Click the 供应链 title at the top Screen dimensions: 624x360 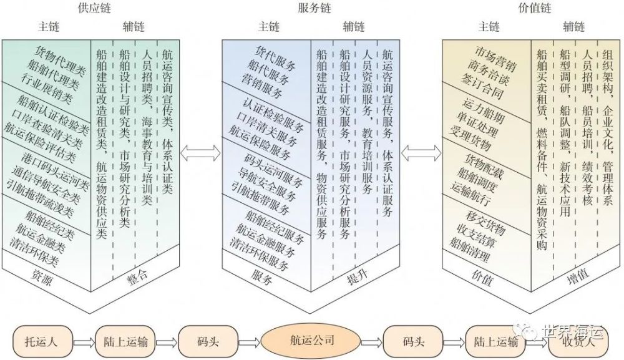point(94,8)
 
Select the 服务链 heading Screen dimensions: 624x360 point(314,8)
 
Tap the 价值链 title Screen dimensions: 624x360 point(535,8)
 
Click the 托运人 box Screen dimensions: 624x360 point(42,341)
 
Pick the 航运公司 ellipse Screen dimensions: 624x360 point(311,341)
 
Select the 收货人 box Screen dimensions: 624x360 point(578,341)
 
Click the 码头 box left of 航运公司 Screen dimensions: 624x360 point(208,341)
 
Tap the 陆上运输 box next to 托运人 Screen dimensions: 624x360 point(125,341)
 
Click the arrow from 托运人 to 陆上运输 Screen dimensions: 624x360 point(84,342)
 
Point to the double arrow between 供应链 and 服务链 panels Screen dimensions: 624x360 point(200,153)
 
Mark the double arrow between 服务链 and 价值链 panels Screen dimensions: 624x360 point(421,153)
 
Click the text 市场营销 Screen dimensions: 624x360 point(495,59)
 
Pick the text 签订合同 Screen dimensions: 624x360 point(482,86)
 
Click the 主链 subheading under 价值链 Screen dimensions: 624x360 point(489,27)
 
